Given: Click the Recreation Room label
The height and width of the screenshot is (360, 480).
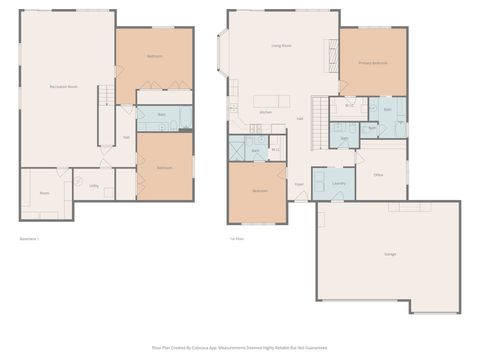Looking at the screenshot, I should (x=65, y=87).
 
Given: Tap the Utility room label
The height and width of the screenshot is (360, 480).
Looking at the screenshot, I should (x=93, y=185).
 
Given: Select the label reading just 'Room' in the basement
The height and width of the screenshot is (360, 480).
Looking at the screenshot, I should (x=44, y=192).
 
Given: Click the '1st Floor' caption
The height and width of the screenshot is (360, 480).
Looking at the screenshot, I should (x=236, y=239).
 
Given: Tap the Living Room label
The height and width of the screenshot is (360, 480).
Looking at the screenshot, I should (x=281, y=46).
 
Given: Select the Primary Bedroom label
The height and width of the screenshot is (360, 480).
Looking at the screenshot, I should (x=372, y=62).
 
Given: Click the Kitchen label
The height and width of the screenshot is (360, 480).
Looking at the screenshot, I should (x=266, y=112).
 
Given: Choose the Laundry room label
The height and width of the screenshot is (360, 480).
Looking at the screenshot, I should (x=338, y=183).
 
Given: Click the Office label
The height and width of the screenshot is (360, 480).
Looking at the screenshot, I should (x=378, y=174).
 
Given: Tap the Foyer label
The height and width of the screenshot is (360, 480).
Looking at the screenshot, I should (x=298, y=184).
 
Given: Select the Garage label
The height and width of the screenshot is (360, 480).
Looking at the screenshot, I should (x=389, y=254).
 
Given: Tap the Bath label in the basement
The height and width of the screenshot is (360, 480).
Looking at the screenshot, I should (x=162, y=114).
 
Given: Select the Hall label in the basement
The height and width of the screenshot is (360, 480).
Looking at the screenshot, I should (x=126, y=138).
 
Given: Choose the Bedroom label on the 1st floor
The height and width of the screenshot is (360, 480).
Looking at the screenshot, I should (x=259, y=190).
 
